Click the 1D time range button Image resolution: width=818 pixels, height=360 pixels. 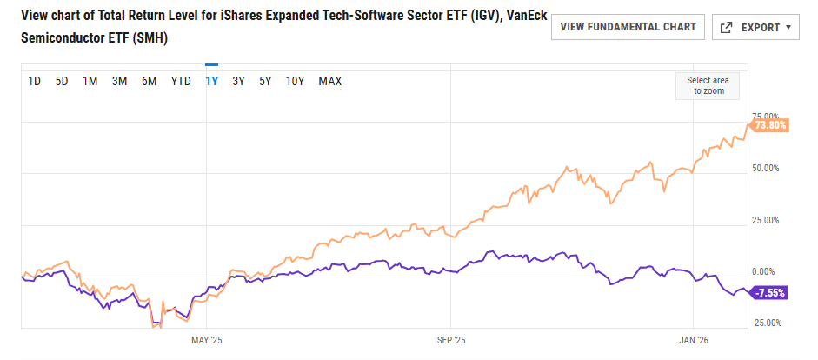(35, 82)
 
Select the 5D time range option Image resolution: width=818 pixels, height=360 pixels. (62, 82)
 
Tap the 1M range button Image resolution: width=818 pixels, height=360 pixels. (90, 82)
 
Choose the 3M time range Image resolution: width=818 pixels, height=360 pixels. (120, 82)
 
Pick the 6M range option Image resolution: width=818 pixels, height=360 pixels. (150, 82)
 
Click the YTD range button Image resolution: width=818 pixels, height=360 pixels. (181, 82)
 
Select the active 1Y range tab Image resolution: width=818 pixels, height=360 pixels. (211, 82)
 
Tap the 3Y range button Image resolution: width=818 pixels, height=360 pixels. (238, 82)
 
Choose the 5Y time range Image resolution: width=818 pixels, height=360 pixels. (266, 82)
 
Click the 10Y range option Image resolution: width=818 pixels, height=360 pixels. (296, 82)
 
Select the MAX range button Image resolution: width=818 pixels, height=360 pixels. (330, 82)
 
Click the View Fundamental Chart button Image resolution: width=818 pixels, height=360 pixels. (628, 27)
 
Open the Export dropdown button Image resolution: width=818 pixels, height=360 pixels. (755, 27)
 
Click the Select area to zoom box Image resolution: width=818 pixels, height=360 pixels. (708, 85)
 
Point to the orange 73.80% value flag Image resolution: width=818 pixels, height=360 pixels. (769, 125)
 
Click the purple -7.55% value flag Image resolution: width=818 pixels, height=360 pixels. (769, 293)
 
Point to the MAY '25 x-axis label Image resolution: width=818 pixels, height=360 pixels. (207, 340)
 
